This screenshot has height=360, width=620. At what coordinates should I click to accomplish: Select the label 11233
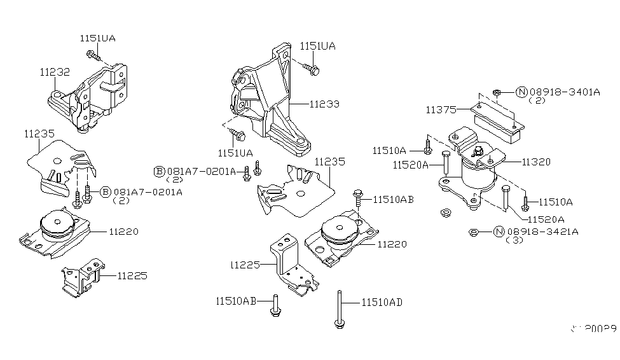click(324, 104)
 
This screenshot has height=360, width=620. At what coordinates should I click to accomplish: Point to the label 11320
click(537, 162)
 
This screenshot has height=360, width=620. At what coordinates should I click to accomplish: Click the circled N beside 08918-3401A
click(521, 92)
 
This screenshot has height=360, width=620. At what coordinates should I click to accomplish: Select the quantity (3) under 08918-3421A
click(513, 241)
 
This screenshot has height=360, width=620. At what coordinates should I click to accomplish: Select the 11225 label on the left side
click(132, 276)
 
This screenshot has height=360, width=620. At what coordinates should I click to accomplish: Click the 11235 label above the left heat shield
click(39, 134)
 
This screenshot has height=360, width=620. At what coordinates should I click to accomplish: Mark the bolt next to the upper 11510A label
click(427, 150)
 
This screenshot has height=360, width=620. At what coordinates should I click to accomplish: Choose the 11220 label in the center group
click(392, 244)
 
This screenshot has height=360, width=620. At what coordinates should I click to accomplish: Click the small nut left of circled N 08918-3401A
click(497, 92)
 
